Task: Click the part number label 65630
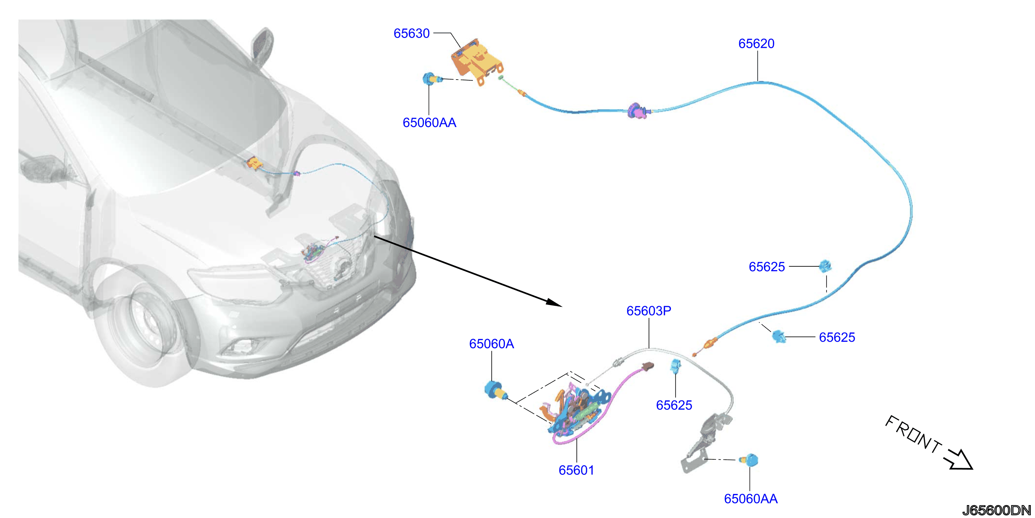411,34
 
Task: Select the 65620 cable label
756,43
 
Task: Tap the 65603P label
649,311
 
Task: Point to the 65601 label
576,470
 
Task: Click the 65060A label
491,344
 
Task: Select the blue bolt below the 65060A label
496,390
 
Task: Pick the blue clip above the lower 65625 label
675,365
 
